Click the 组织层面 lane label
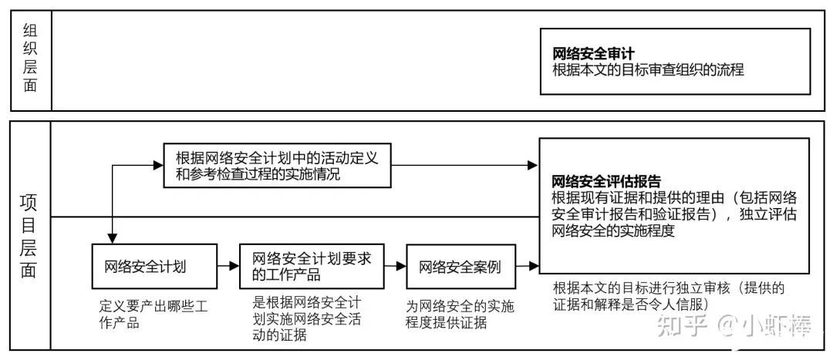click(x=30, y=59)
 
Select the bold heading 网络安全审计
click(x=594, y=54)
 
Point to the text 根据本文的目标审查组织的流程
click(x=648, y=69)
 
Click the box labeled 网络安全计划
click(x=154, y=266)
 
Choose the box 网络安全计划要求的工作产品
click(x=312, y=266)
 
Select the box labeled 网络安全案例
click(x=460, y=266)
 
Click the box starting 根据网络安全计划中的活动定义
click(x=277, y=165)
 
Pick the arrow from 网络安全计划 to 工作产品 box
click(x=228, y=266)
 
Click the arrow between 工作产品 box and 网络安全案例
click(x=395, y=266)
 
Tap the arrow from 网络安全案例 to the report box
click(x=527, y=266)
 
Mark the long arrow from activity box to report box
click(x=465, y=165)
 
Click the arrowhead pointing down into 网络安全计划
click(x=113, y=238)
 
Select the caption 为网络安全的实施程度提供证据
click(x=460, y=315)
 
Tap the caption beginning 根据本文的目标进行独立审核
click(x=668, y=297)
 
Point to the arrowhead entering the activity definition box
click(x=158, y=165)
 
